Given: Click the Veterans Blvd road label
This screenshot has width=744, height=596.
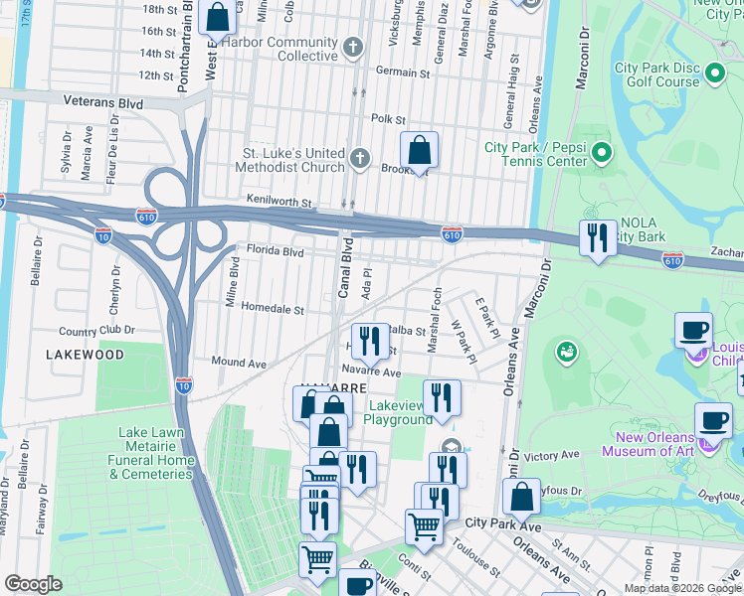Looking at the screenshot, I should click(102, 102).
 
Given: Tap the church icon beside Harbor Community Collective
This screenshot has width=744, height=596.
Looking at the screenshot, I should click(353, 48).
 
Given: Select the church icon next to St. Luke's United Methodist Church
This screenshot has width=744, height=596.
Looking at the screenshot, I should click(360, 158).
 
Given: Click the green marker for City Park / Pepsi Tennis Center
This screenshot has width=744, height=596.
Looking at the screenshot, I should click(602, 153).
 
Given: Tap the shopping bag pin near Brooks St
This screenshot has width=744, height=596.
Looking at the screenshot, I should click(420, 151).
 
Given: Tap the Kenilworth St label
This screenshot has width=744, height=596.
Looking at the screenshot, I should click(279, 202).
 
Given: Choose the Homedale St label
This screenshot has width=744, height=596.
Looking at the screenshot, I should click(272, 310).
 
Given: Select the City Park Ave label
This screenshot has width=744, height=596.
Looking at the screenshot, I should click(502, 522).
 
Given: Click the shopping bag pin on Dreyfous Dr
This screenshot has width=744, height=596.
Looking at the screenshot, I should click(520, 497).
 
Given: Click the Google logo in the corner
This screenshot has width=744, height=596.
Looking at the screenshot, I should click(33, 584).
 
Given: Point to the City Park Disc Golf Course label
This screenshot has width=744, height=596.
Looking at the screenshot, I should click(657, 74).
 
